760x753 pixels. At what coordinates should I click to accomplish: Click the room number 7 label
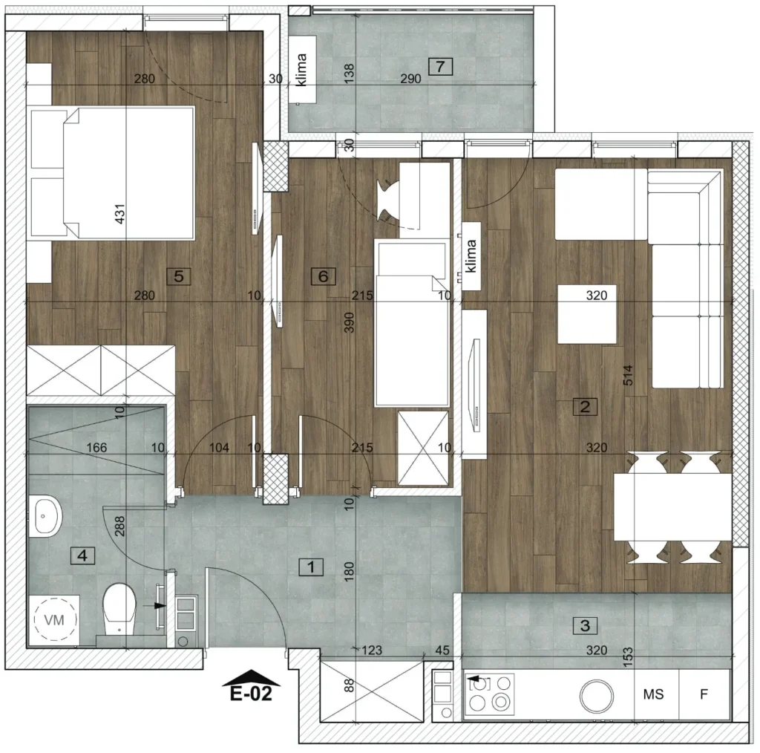point(440,66)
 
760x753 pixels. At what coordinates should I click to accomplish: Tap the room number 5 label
point(178,276)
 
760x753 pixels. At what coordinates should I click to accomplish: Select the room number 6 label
point(324,276)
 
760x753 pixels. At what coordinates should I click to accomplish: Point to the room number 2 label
point(585,406)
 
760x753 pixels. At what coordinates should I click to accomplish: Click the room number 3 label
point(585,625)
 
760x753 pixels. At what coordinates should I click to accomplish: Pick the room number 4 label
point(82,555)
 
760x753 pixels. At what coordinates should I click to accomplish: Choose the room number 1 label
point(311,567)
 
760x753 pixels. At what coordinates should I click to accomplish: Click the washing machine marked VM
point(54,619)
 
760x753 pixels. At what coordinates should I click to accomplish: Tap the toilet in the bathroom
point(119,609)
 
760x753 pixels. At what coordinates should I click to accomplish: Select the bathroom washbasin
point(45,516)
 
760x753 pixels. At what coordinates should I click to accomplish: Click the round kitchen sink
point(596,695)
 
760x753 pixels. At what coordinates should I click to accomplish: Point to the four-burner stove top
point(490,694)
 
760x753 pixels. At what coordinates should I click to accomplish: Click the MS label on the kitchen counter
point(653,694)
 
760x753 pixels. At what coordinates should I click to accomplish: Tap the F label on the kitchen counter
point(704,694)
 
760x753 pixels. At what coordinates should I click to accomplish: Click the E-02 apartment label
point(251,694)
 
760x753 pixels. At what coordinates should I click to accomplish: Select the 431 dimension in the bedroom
point(119,213)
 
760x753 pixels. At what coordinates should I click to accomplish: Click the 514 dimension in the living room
point(628,375)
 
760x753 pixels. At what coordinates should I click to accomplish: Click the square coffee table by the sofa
point(587,314)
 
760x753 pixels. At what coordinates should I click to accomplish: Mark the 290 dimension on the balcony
point(410,79)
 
